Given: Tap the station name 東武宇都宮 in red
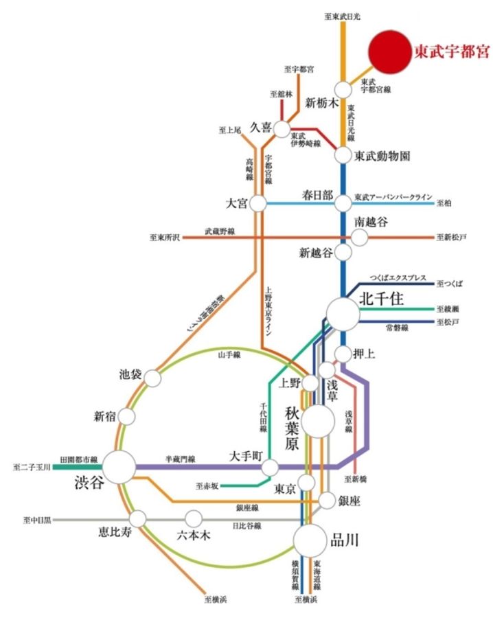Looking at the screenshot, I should click(x=452, y=51).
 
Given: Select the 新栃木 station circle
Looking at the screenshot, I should click(x=343, y=89).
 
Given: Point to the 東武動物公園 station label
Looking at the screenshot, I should click(x=382, y=156).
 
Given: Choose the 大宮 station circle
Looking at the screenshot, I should click(x=258, y=203).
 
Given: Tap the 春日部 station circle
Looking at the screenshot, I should click(x=343, y=203).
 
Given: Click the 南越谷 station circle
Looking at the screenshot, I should click(x=359, y=238).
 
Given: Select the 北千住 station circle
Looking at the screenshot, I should click(x=343, y=313).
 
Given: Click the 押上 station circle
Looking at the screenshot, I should click(x=343, y=354).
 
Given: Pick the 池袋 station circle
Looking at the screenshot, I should click(x=152, y=378).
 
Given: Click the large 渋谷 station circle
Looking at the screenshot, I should click(x=120, y=467).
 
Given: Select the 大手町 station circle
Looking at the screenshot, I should click(x=271, y=468).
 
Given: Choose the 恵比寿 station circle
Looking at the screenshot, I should click(x=138, y=518).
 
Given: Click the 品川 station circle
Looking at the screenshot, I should click(x=310, y=541).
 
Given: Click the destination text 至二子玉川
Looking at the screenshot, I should click(x=32, y=467).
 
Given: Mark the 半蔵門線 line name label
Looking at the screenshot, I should click(x=181, y=458).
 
